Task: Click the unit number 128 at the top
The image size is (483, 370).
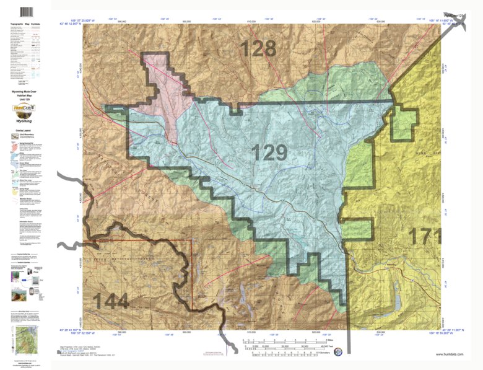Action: [x=259, y=48]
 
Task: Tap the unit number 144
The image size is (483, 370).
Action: [x=111, y=302]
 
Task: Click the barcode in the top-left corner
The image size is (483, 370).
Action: [x=26, y=12]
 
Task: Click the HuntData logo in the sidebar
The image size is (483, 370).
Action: [x=25, y=111]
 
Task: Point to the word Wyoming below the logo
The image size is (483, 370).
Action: [x=25, y=122]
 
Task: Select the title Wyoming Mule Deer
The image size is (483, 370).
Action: [x=25, y=90]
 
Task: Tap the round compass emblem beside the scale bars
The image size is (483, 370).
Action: [x=337, y=351]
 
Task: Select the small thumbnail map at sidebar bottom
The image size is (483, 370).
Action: [x=25, y=341]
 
